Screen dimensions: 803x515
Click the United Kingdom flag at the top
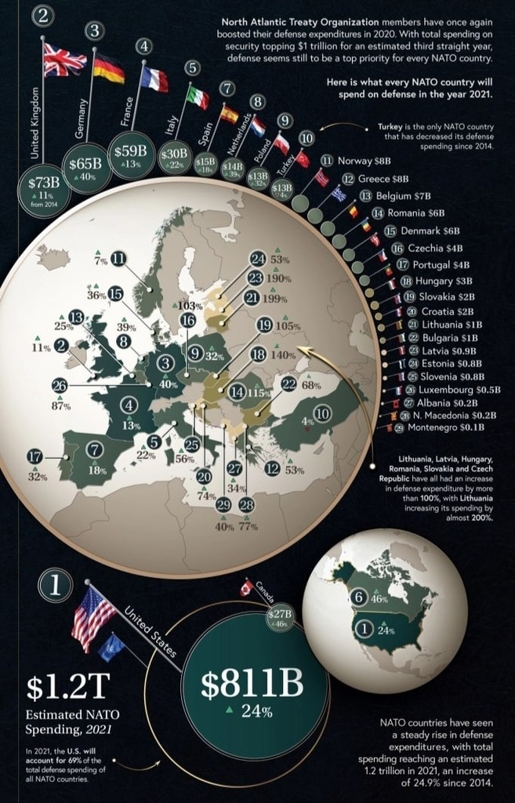point(65,60)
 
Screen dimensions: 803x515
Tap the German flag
point(108,68)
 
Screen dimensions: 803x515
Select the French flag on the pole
point(154,78)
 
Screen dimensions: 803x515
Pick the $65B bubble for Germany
point(85,166)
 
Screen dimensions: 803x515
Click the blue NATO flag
point(113,647)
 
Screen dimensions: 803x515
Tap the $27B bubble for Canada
point(280,616)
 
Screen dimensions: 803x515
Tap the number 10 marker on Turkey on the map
point(321,413)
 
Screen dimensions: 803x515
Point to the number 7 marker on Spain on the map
point(96,450)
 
